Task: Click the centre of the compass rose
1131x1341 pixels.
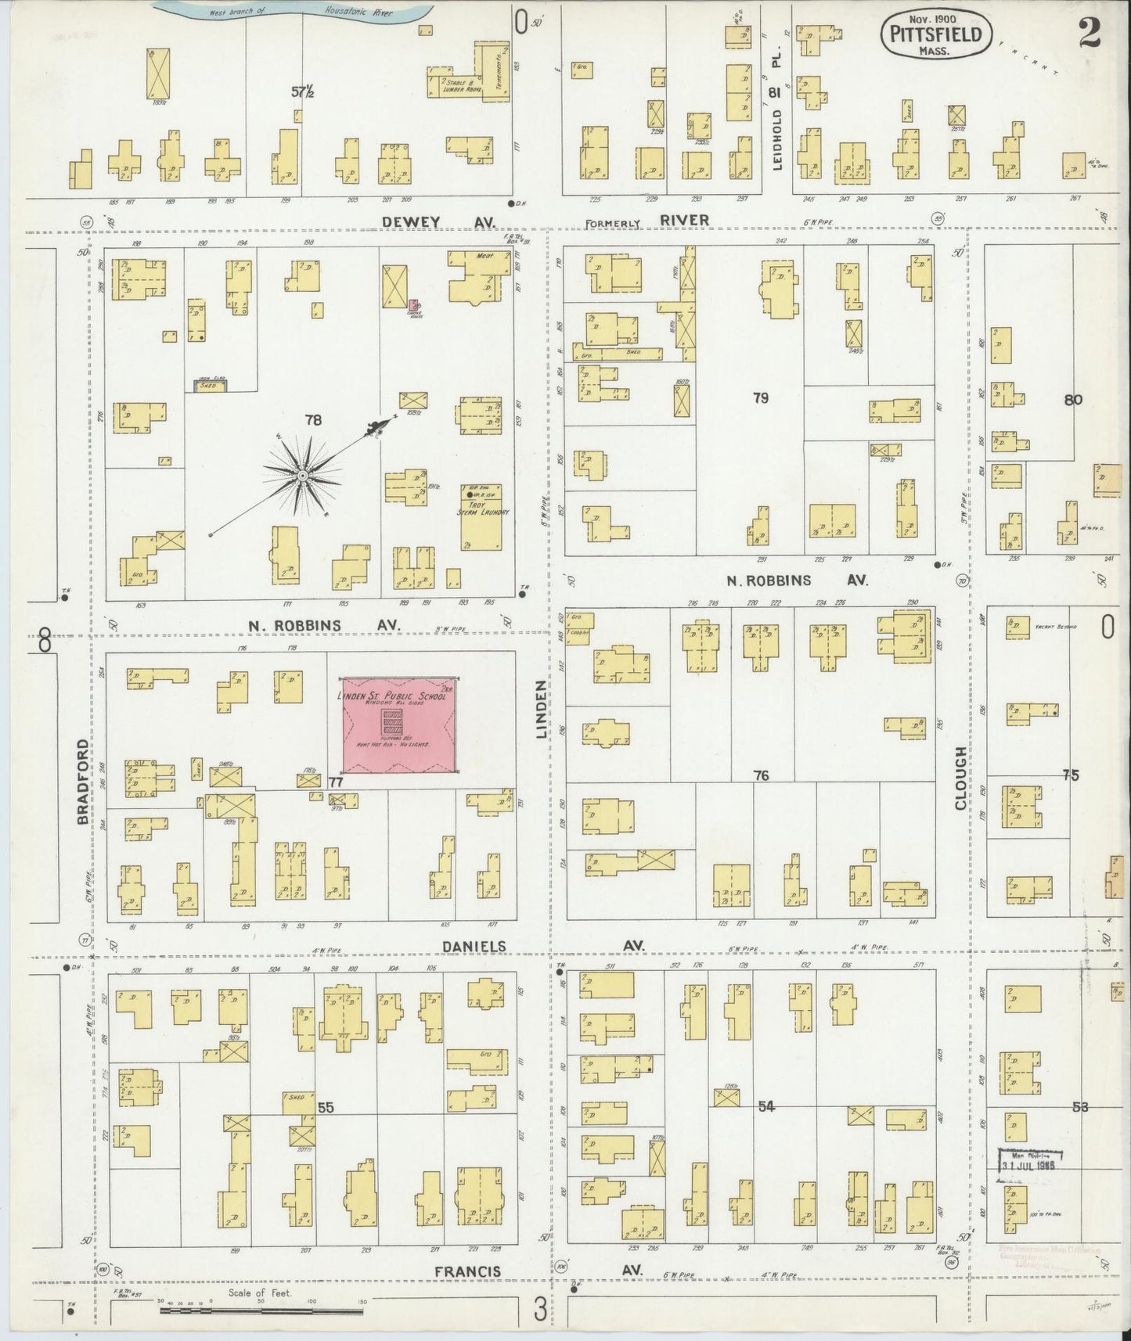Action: click(x=302, y=475)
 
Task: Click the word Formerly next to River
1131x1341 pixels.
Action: click(x=614, y=223)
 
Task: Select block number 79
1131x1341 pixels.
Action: click(x=760, y=398)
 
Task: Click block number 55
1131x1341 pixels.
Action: click(x=326, y=1107)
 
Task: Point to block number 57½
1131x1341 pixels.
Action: click(x=303, y=92)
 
